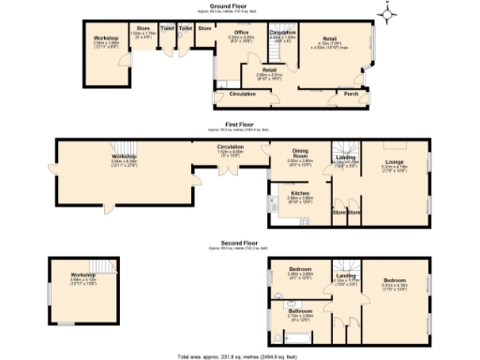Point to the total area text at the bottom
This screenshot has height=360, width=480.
pyautogui.click(x=239, y=356)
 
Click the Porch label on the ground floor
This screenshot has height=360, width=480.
pyautogui.click(x=352, y=93)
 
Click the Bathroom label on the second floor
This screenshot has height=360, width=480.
pyautogui.click(x=300, y=310)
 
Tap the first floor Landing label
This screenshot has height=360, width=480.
pyautogui.click(x=346, y=157)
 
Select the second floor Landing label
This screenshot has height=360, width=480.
pyautogui.click(x=346, y=275)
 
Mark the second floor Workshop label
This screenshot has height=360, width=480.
pyautogui.click(x=83, y=274)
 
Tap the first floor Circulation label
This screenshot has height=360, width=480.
pyautogui.click(x=231, y=146)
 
